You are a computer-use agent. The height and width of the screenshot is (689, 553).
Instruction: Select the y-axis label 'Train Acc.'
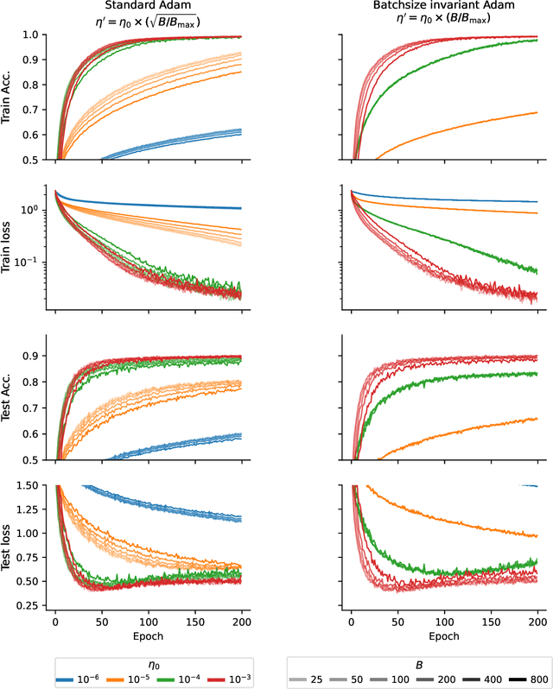coord(8,98)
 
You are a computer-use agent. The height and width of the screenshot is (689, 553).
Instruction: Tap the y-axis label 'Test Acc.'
coord(8,398)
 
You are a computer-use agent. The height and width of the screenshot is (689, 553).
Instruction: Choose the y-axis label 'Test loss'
coord(8,548)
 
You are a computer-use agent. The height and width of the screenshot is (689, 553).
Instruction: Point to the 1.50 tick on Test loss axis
coord(28,486)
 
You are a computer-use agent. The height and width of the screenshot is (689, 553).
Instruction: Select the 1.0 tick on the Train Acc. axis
coord(32,35)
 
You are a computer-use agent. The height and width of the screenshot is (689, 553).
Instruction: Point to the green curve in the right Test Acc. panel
coord(449,380)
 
